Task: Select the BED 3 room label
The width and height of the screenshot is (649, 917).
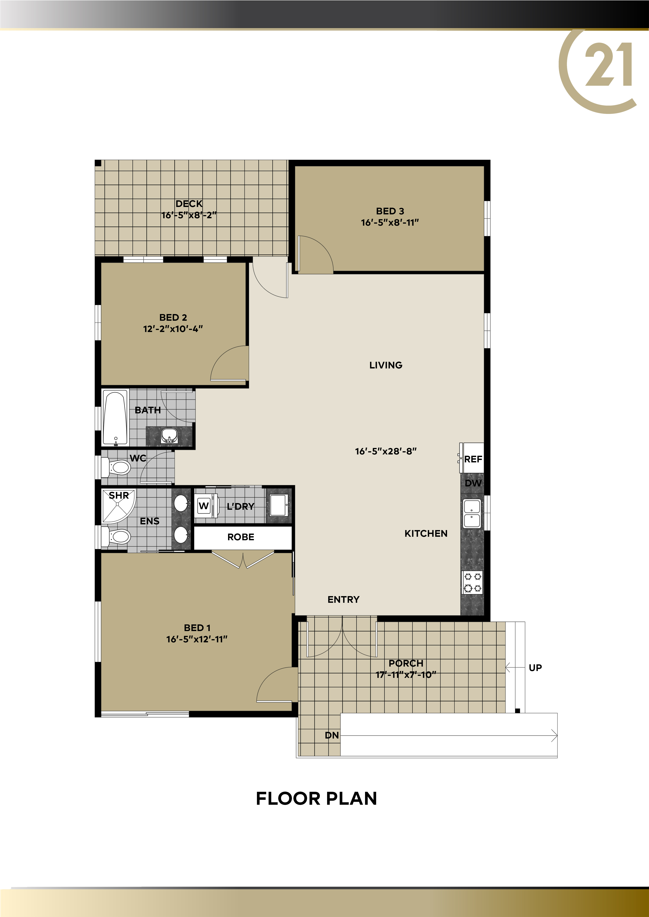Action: tap(390, 211)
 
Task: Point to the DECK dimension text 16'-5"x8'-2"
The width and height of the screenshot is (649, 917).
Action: tap(189, 215)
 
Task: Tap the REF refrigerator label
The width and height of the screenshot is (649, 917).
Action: tap(473, 459)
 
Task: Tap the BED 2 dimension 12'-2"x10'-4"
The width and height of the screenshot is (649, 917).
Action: tap(173, 329)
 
